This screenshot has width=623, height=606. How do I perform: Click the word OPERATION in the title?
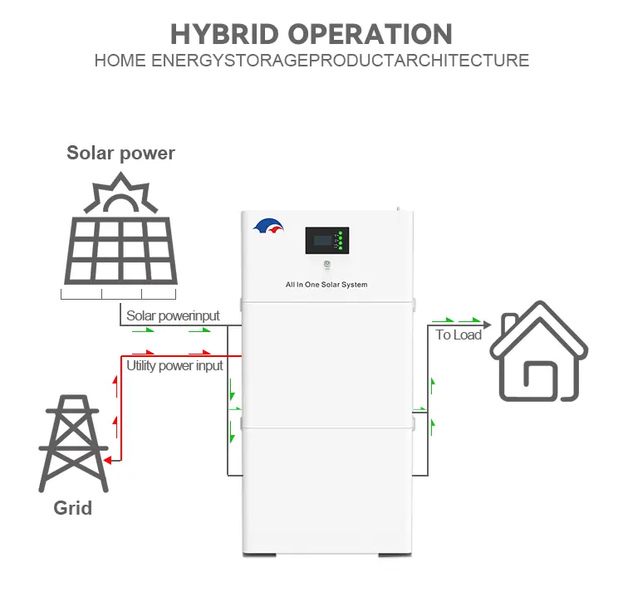[x=370, y=34]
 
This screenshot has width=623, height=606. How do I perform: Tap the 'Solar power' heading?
[x=120, y=154]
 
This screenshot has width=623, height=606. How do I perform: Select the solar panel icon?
[x=120, y=250]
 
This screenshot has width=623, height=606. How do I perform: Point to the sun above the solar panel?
[x=120, y=193]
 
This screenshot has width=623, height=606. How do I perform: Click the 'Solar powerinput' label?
[x=173, y=315]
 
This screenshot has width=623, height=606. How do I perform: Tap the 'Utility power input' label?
[x=174, y=366]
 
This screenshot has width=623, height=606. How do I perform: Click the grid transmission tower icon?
[x=73, y=443]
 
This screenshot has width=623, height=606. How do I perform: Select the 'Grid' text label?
[x=73, y=508]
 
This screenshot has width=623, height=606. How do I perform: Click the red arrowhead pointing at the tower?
[x=107, y=460]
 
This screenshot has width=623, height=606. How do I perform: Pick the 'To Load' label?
[x=459, y=335]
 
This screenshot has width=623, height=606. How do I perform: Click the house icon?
[x=539, y=351]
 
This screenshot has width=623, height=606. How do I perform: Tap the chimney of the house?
[x=510, y=323]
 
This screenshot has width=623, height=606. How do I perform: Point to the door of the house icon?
[x=540, y=377]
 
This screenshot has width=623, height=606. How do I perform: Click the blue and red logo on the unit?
[x=268, y=226]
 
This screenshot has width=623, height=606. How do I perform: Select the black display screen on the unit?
[x=327, y=240]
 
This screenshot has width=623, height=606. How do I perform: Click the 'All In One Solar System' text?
[x=326, y=285]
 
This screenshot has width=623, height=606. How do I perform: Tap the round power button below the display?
[x=327, y=264]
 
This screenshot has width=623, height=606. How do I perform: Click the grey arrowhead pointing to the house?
[x=487, y=325]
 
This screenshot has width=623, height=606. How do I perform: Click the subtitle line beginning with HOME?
[x=311, y=61]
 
